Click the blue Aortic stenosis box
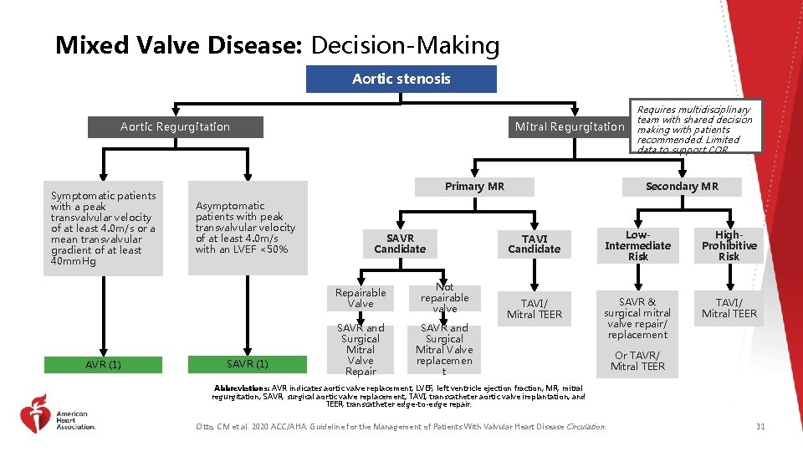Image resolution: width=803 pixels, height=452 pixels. tap(401, 79)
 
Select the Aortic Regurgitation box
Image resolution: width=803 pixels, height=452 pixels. tap(175, 126)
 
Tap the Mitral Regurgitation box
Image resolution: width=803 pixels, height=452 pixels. tap(570, 126)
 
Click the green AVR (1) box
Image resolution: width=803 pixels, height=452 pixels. tap(103, 364)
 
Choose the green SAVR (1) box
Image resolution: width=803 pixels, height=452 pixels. tap(248, 364)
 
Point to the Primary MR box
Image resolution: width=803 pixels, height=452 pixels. tap(474, 186)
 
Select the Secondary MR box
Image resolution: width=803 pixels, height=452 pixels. tap(682, 186)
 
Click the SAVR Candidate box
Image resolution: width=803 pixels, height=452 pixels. tap(400, 243)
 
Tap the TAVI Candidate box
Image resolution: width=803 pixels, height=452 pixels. tap(534, 243)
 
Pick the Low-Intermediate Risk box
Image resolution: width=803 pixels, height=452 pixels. tap(637, 245)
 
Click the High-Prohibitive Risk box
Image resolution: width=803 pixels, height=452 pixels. tap(729, 245)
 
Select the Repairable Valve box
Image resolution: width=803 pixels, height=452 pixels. tap(361, 298)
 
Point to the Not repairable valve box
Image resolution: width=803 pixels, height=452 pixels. tap(444, 298)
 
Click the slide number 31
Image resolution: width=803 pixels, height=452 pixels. tap(760, 427)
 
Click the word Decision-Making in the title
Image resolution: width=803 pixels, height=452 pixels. tap(405, 44)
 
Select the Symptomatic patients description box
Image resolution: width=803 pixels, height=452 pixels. tap(103, 228)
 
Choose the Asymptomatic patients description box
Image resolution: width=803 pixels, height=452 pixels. tap(245, 227)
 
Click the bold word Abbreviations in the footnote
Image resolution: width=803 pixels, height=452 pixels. tap(242, 388)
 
